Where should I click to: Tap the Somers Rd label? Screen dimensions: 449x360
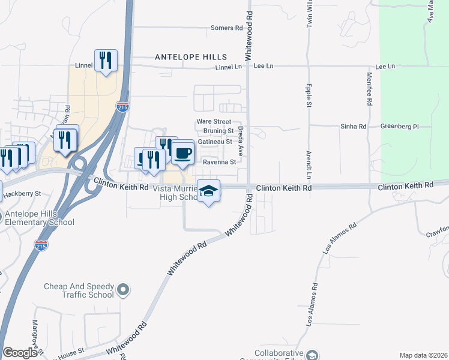[227, 28]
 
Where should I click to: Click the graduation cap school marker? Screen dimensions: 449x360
[208, 191]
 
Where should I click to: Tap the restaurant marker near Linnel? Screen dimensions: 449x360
[106, 60]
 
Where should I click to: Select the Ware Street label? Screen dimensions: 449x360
[214, 122]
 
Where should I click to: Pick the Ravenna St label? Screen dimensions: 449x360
[217, 162]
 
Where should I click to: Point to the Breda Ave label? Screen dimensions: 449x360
[240, 141]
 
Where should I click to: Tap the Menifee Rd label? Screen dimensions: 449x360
[370, 90]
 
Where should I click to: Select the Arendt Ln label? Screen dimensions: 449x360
[309, 165]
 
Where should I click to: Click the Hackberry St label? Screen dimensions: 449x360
[22, 194]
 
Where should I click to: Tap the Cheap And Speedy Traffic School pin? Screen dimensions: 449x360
[123, 290]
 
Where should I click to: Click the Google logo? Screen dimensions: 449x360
[20, 353]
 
